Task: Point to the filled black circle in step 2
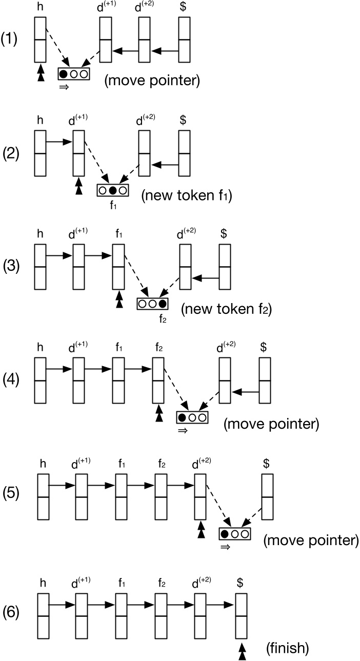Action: (x=112, y=190)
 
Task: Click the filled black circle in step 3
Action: (x=163, y=303)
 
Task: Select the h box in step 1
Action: (x=41, y=39)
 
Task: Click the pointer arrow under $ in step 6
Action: (x=241, y=650)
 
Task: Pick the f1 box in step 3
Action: (x=118, y=267)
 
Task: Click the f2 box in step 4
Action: (x=158, y=380)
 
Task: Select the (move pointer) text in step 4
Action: (x=271, y=424)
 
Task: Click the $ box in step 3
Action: (x=225, y=267)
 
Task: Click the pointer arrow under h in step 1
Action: (x=41, y=74)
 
